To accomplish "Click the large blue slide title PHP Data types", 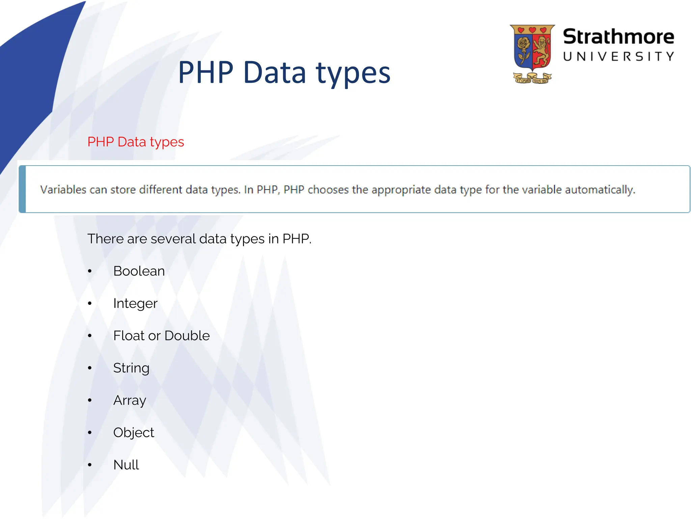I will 284,72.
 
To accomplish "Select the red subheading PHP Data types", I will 136,142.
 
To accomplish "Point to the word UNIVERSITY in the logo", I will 618,56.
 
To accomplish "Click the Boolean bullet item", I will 139,271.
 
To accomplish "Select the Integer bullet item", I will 135,303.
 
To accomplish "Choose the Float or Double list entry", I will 161,336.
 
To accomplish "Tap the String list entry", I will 131,368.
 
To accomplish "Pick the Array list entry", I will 130,400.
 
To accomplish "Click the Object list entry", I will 134,432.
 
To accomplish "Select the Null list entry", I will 126,465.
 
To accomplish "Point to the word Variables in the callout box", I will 63,190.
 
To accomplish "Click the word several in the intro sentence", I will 173,239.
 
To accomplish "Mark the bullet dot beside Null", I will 90,465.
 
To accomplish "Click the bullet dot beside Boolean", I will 90,271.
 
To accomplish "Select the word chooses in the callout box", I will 328,190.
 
